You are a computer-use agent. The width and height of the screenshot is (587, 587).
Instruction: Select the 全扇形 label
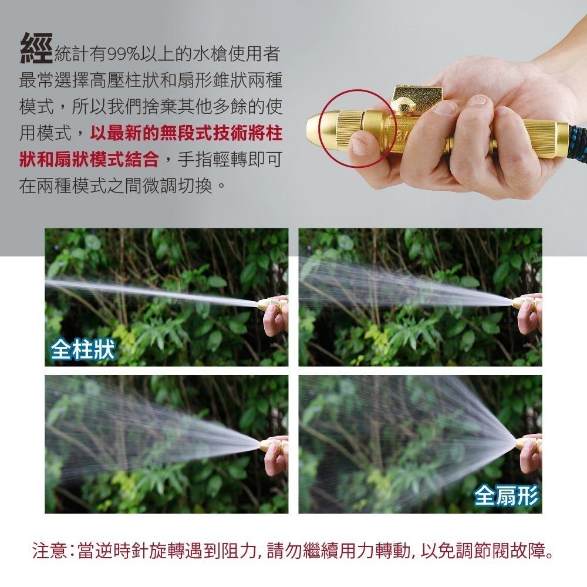[x=506, y=497]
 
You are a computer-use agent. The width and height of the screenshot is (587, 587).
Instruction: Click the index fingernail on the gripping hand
[x=445, y=107]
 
